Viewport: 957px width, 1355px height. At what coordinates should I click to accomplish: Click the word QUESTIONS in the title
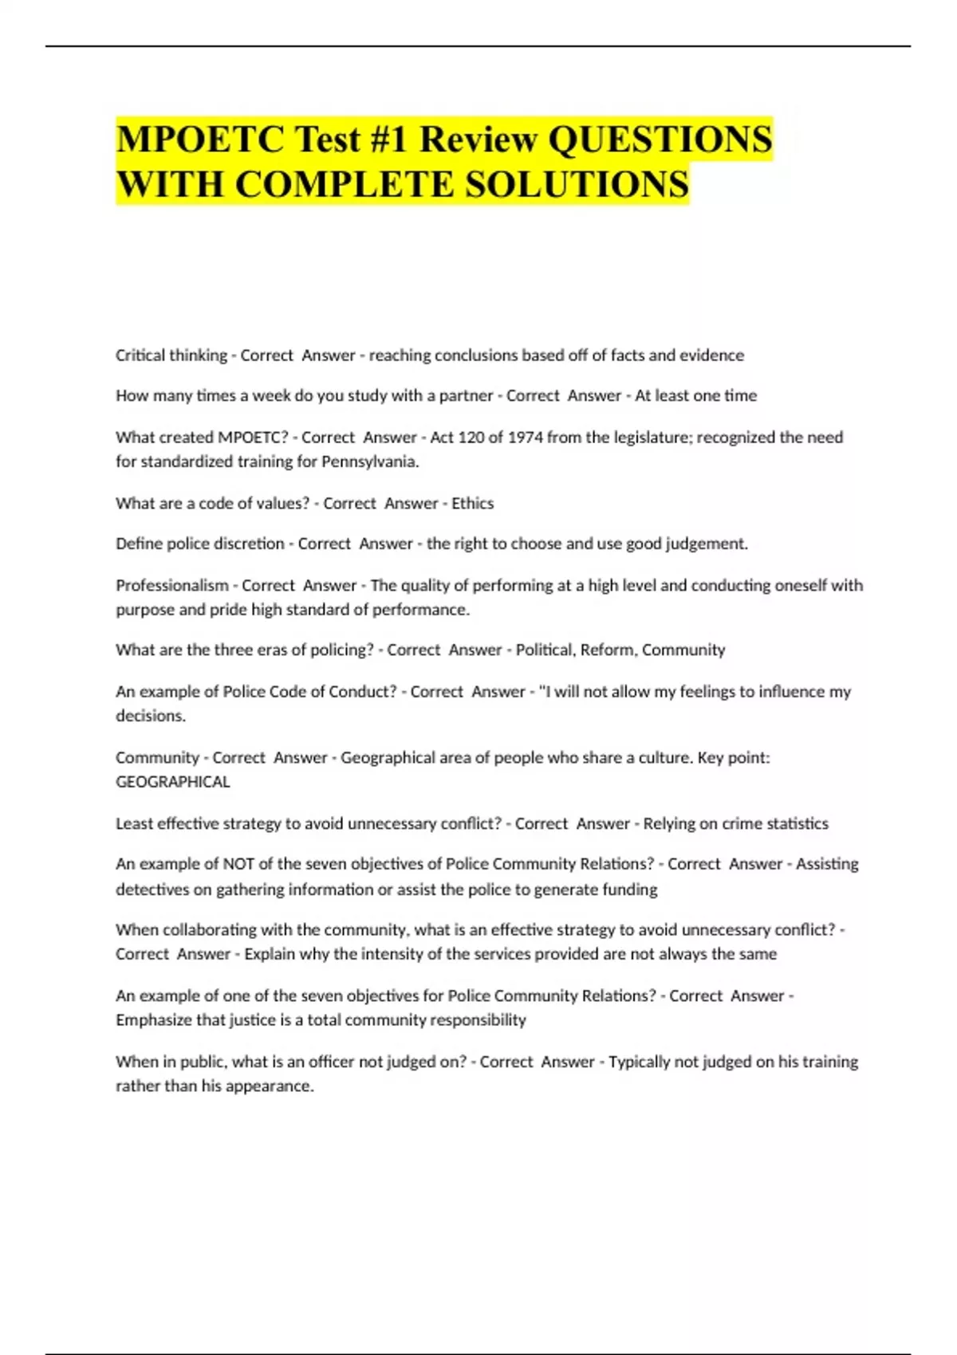(660, 139)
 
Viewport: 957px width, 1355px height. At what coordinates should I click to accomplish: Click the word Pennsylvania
(370, 461)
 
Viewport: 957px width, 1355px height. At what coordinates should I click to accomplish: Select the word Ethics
(473, 503)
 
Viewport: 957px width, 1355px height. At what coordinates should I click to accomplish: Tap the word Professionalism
(172, 585)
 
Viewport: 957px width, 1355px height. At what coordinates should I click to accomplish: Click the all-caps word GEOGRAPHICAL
(173, 782)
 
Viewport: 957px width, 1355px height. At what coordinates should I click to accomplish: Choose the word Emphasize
(152, 1020)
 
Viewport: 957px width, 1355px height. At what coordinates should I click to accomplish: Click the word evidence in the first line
(711, 355)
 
